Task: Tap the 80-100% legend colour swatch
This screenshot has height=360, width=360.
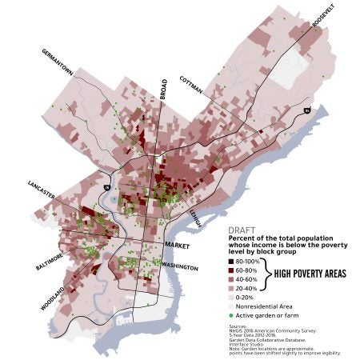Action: point(232,262)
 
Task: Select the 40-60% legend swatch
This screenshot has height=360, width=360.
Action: point(232,282)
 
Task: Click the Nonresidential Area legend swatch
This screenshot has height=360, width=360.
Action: point(232,317)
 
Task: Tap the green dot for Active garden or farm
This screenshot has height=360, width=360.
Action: point(232,328)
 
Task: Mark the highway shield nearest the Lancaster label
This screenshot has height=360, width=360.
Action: point(106,188)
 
